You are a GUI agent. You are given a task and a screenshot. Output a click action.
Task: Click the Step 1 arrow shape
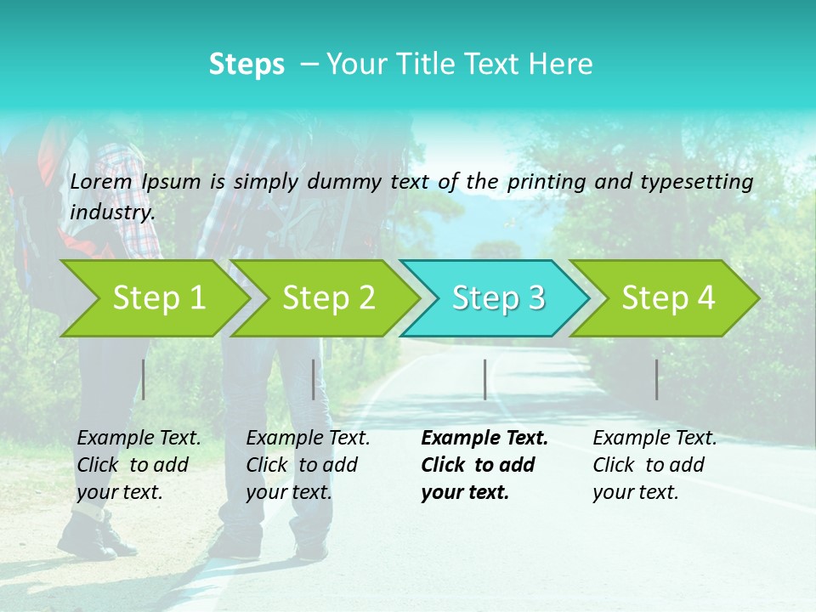pos(153,297)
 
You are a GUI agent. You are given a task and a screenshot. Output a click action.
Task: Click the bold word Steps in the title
pos(246,64)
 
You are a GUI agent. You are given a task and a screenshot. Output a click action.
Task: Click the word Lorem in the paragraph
pos(101,181)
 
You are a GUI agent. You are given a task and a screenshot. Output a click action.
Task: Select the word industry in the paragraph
pos(112,212)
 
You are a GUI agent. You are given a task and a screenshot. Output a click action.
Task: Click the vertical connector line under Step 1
pos(144,379)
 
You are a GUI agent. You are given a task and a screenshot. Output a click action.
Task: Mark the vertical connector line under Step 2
pos(314,379)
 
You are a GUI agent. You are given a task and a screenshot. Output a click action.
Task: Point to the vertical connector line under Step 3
pos(484,379)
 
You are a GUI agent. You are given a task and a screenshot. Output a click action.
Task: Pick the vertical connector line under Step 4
pos(657,379)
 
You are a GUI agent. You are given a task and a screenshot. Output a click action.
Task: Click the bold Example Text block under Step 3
pos(484,465)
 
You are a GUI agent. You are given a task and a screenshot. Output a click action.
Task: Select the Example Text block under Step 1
pos(139,465)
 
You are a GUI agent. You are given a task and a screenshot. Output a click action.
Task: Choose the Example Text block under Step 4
pos(654,465)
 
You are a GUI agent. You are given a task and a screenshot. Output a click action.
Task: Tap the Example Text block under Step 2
pos(308,465)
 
